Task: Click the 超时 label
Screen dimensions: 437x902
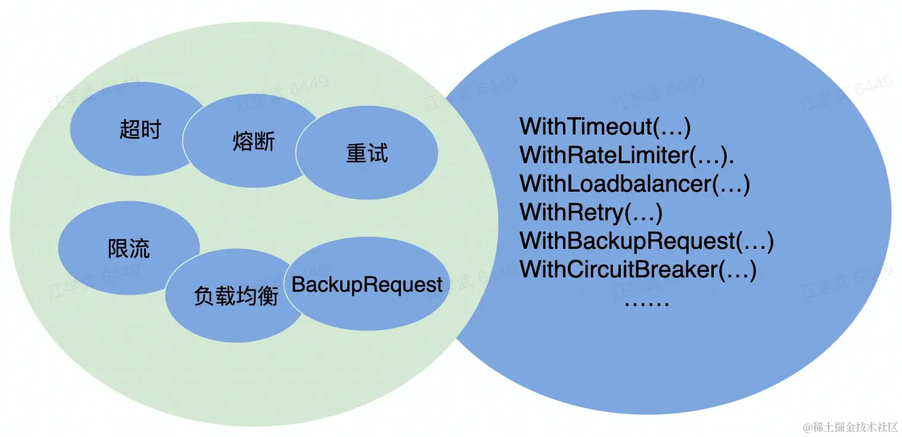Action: coord(140,129)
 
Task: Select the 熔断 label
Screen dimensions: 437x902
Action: coord(253,142)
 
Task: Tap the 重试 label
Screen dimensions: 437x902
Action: coord(367,154)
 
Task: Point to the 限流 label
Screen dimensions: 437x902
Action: coord(129,248)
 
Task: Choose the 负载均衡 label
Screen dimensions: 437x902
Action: coord(236,296)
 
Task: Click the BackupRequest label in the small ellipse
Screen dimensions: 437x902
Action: coord(367,285)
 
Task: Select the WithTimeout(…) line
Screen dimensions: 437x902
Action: coord(605,127)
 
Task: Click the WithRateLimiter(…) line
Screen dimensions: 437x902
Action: coord(626,155)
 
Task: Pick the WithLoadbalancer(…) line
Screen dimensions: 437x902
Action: coord(634,184)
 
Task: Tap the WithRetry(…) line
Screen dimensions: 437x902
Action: coord(591,213)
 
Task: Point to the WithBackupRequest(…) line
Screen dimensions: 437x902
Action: coord(646,241)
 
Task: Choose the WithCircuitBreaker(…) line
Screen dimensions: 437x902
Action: coord(638,270)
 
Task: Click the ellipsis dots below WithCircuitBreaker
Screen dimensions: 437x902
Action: coord(647,303)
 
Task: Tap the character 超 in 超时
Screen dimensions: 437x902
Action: coord(129,129)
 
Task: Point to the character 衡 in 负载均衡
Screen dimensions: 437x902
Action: coord(268,296)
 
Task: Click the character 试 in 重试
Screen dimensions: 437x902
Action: coord(378,154)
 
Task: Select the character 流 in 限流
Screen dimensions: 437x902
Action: coord(139,248)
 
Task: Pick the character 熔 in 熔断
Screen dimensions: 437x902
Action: coord(242,142)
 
